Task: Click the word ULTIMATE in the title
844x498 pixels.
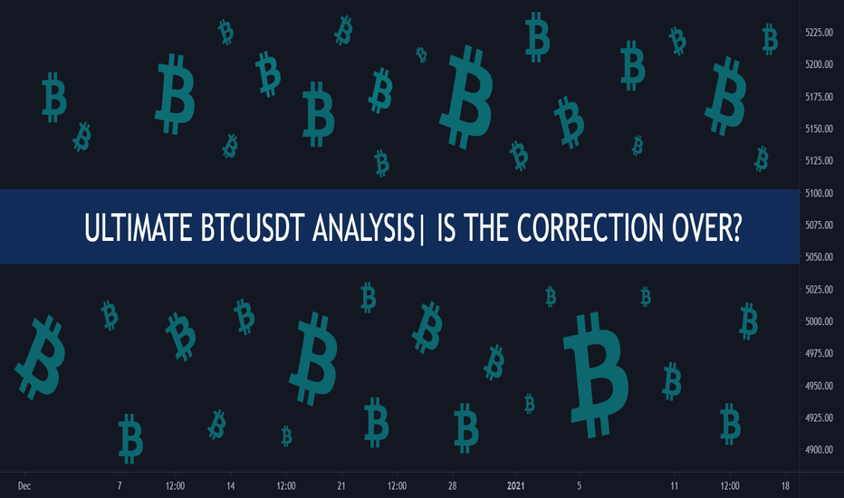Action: point(139,227)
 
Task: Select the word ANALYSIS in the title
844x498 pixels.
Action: point(364,227)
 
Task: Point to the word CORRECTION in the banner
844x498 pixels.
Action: point(590,227)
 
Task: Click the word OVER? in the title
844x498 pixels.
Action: point(706,227)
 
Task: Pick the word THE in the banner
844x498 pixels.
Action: point(487,227)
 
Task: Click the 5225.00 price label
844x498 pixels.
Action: point(820,33)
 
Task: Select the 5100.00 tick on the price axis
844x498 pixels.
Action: point(820,193)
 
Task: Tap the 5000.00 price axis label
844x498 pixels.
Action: point(820,321)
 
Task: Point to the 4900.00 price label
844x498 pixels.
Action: point(820,449)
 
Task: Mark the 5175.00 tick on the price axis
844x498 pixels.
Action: point(820,97)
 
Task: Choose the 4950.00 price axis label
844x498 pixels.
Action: point(820,386)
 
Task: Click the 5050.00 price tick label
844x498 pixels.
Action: point(820,257)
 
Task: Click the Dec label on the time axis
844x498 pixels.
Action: point(24,485)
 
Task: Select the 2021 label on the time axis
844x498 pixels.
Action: point(515,485)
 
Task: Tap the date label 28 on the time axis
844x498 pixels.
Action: point(452,485)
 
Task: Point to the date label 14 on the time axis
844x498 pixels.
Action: point(230,485)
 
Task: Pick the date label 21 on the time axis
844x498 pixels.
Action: point(341,485)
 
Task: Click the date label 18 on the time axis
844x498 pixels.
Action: point(785,485)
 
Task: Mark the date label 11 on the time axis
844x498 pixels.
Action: point(674,485)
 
